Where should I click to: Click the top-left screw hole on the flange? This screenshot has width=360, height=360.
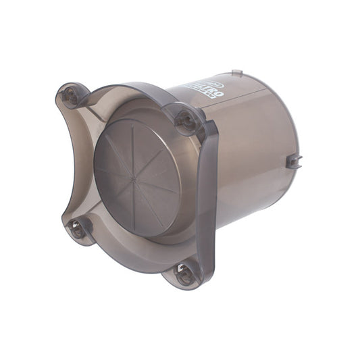[70, 95]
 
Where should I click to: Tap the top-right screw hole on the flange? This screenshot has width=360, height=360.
[184, 120]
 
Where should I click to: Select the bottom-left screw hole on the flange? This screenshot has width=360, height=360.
[78, 228]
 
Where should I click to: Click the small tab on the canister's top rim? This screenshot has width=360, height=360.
[236, 72]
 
